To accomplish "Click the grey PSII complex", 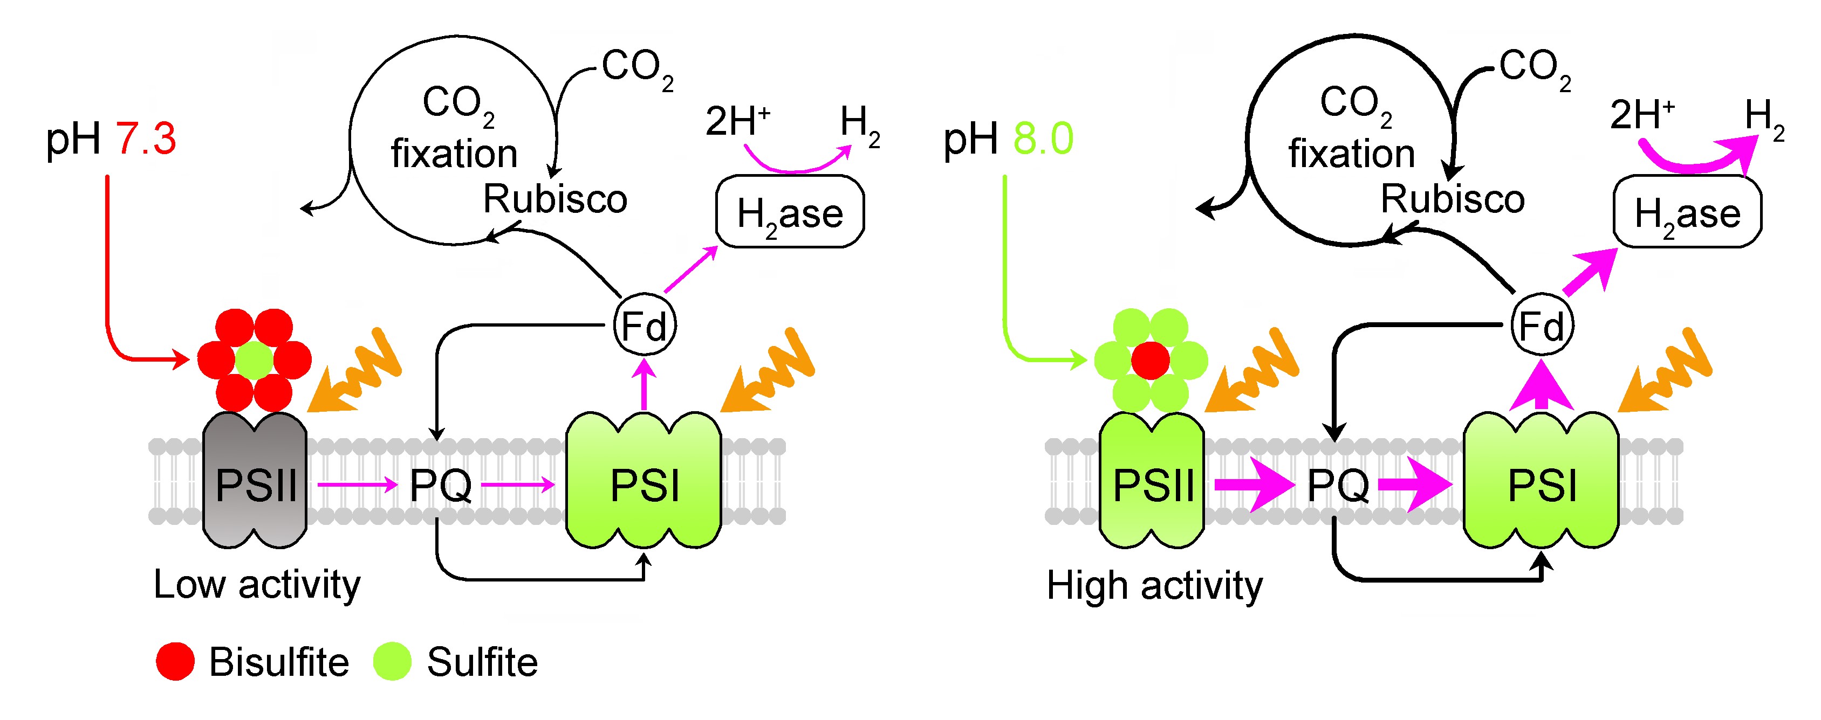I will [x=255, y=481].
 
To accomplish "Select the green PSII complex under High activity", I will [x=1152, y=481].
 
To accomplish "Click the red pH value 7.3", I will [x=146, y=139].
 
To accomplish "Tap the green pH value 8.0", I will [x=1043, y=139].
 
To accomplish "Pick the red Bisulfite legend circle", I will [x=175, y=661].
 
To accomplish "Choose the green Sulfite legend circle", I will [x=392, y=661].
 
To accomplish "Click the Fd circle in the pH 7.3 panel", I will [x=644, y=326].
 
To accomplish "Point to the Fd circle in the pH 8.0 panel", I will [x=1542, y=326].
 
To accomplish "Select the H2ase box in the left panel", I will [x=790, y=212].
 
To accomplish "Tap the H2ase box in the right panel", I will [x=1687, y=212].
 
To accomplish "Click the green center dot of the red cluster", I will [x=254, y=361].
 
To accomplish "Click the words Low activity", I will [x=257, y=585].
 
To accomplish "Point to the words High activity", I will [x=1154, y=585].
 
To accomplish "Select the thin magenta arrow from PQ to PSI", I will [x=518, y=484].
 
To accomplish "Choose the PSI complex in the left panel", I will [x=643, y=481].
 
